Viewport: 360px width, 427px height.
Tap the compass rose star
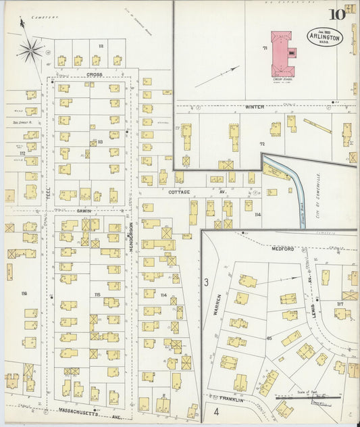click(x=31, y=49)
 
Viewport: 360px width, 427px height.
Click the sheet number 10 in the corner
click(x=337, y=14)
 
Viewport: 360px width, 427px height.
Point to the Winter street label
click(x=255, y=107)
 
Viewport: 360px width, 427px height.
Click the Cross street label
click(x=93, y=74)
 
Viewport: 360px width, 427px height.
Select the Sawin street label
click(x=83, y=211)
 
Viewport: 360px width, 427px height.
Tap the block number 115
click(x=97, y=295)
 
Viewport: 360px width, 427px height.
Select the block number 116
click(x=24, y=293)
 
